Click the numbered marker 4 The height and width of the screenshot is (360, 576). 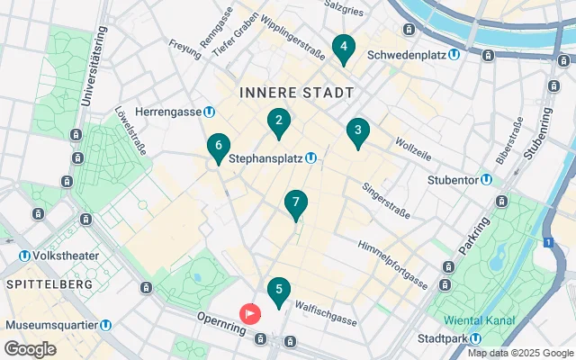pyautogui.click(x=342, y=48)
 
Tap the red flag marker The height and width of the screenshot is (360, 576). pyautogui.click(x=249, y=313)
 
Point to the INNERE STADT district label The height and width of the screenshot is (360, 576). pyautogui.click(x=296, y=93)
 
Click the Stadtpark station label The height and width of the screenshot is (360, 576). pyautogui.click(x=447, y=338)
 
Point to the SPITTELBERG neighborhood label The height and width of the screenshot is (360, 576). pyautogui.click(x=49, y=284)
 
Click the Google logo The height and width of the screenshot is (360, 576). pyautogui.click(x=30, y=349)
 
